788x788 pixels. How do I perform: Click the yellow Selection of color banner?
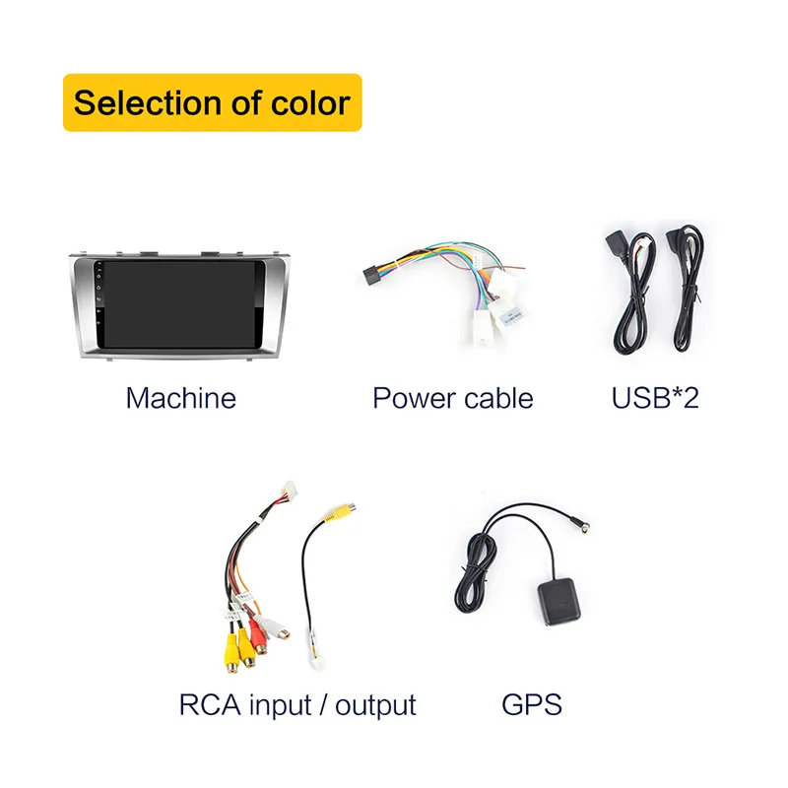tap(212, 102)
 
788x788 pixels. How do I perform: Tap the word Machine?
tap(181, 398)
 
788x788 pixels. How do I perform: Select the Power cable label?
tap(452, 398)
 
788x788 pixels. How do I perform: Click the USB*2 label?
tap(655, 398)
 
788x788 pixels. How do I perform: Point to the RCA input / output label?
tap(297, 705)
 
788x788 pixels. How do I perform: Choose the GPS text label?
tap(532, 705)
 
